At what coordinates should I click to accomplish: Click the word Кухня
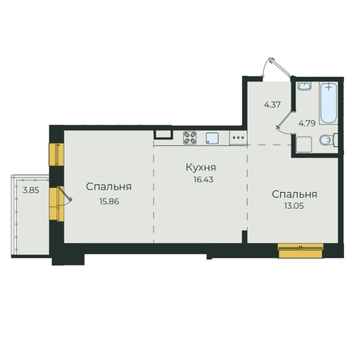201,167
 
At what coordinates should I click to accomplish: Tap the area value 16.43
203,179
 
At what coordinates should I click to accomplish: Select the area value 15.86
109,201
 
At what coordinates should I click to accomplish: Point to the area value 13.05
294,206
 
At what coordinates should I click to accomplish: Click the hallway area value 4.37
272,104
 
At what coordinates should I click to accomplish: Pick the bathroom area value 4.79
307,123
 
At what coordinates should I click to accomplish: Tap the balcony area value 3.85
31,190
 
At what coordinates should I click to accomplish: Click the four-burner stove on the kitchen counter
190,137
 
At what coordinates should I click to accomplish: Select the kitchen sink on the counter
212,138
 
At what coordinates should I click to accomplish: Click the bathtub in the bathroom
329,103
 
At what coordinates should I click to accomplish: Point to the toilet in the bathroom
329,140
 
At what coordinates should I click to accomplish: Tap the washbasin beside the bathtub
304,86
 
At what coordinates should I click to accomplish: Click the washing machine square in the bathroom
303,144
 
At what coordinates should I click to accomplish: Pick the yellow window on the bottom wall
300,250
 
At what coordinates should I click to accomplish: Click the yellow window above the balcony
57,154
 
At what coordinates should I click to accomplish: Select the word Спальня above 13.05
295,195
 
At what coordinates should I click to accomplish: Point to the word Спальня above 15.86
109,186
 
